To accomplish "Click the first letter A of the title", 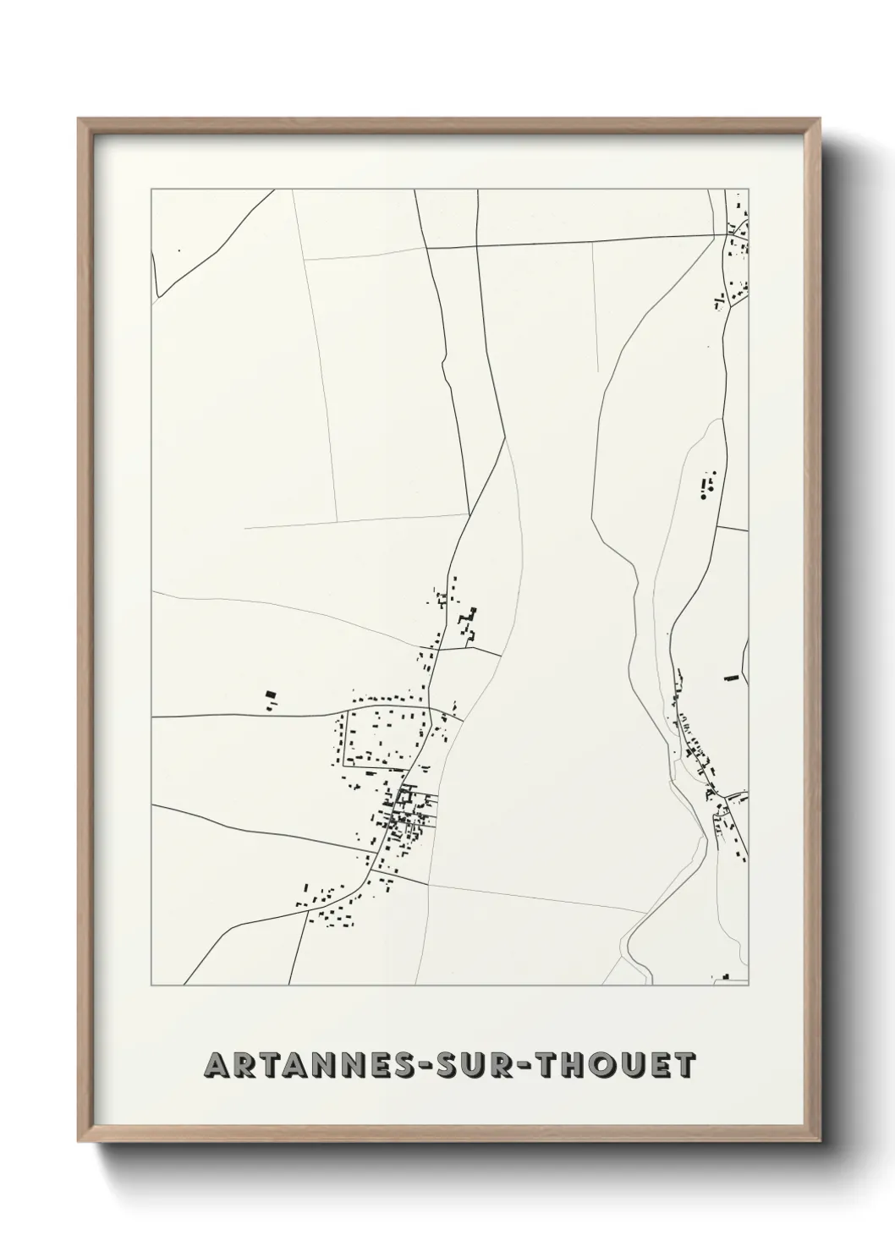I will (216, 1066).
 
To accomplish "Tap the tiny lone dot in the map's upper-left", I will (178, 250).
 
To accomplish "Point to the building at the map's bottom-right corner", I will (726, 978).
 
